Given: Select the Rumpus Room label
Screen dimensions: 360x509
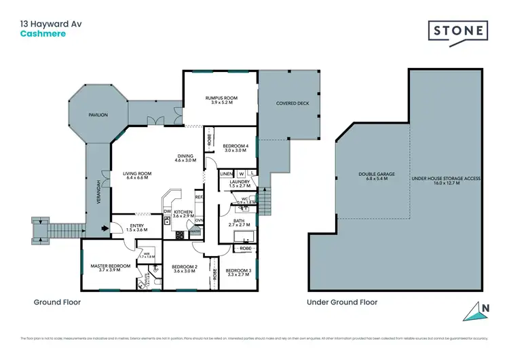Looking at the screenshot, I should tap(220, 98).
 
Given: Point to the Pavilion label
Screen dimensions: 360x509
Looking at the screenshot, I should tap(98, 115).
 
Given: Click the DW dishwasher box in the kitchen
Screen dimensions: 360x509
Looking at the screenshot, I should tap(168, 211).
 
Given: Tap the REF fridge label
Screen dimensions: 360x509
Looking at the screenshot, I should tap(199, 197).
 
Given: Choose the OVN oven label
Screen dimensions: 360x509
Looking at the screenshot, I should tap(200, 220).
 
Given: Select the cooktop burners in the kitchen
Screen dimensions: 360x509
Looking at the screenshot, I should tap(181, 235).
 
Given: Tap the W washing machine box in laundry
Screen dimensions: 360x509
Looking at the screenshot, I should tap(241, 175).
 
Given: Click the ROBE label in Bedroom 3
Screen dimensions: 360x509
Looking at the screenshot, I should tap(245, 249).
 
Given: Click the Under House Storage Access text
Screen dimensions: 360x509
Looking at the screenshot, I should tap(446, 178).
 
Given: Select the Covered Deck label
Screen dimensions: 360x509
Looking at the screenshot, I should tap(288, 104).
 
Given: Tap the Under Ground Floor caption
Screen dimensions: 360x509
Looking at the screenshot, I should tap(342, 302).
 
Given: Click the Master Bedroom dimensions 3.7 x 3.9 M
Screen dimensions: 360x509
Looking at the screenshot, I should tap(111, 270).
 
